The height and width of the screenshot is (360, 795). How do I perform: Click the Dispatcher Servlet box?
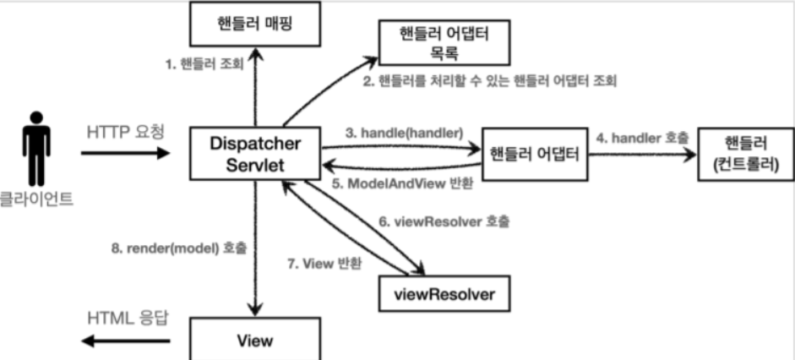point(255,154)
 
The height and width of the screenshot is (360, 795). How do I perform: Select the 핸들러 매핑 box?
point(255,24)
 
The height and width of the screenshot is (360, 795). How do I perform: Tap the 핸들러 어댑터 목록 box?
point(444,43)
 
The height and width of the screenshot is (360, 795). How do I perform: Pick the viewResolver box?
point(444,293)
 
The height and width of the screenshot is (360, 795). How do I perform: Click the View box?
point(255,339)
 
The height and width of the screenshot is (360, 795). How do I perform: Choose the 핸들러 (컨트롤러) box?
point(746,154)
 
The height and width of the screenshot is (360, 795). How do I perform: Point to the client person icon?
point(36,149)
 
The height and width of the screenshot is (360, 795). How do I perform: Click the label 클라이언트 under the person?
point(36,199)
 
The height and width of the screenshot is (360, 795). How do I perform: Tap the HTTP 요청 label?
point(126,133)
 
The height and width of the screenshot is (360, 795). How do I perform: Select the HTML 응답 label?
point(128,319)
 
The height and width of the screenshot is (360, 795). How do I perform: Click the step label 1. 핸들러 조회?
point(204,64)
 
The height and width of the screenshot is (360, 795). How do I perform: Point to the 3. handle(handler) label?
point(404,134)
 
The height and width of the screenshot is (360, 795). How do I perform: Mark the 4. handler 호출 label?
point(642,138)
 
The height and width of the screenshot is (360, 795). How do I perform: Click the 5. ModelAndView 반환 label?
point(403,183)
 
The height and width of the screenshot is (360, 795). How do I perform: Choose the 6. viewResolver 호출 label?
point(444,221)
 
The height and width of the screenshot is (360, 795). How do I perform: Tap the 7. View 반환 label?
point(324,264)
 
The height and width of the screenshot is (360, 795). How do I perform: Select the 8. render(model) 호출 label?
point(179,248)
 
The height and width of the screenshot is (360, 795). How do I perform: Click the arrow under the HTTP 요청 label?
point(125,153)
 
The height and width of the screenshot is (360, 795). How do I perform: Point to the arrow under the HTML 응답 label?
point(125,341)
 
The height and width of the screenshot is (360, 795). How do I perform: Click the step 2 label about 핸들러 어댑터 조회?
point(490,81)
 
